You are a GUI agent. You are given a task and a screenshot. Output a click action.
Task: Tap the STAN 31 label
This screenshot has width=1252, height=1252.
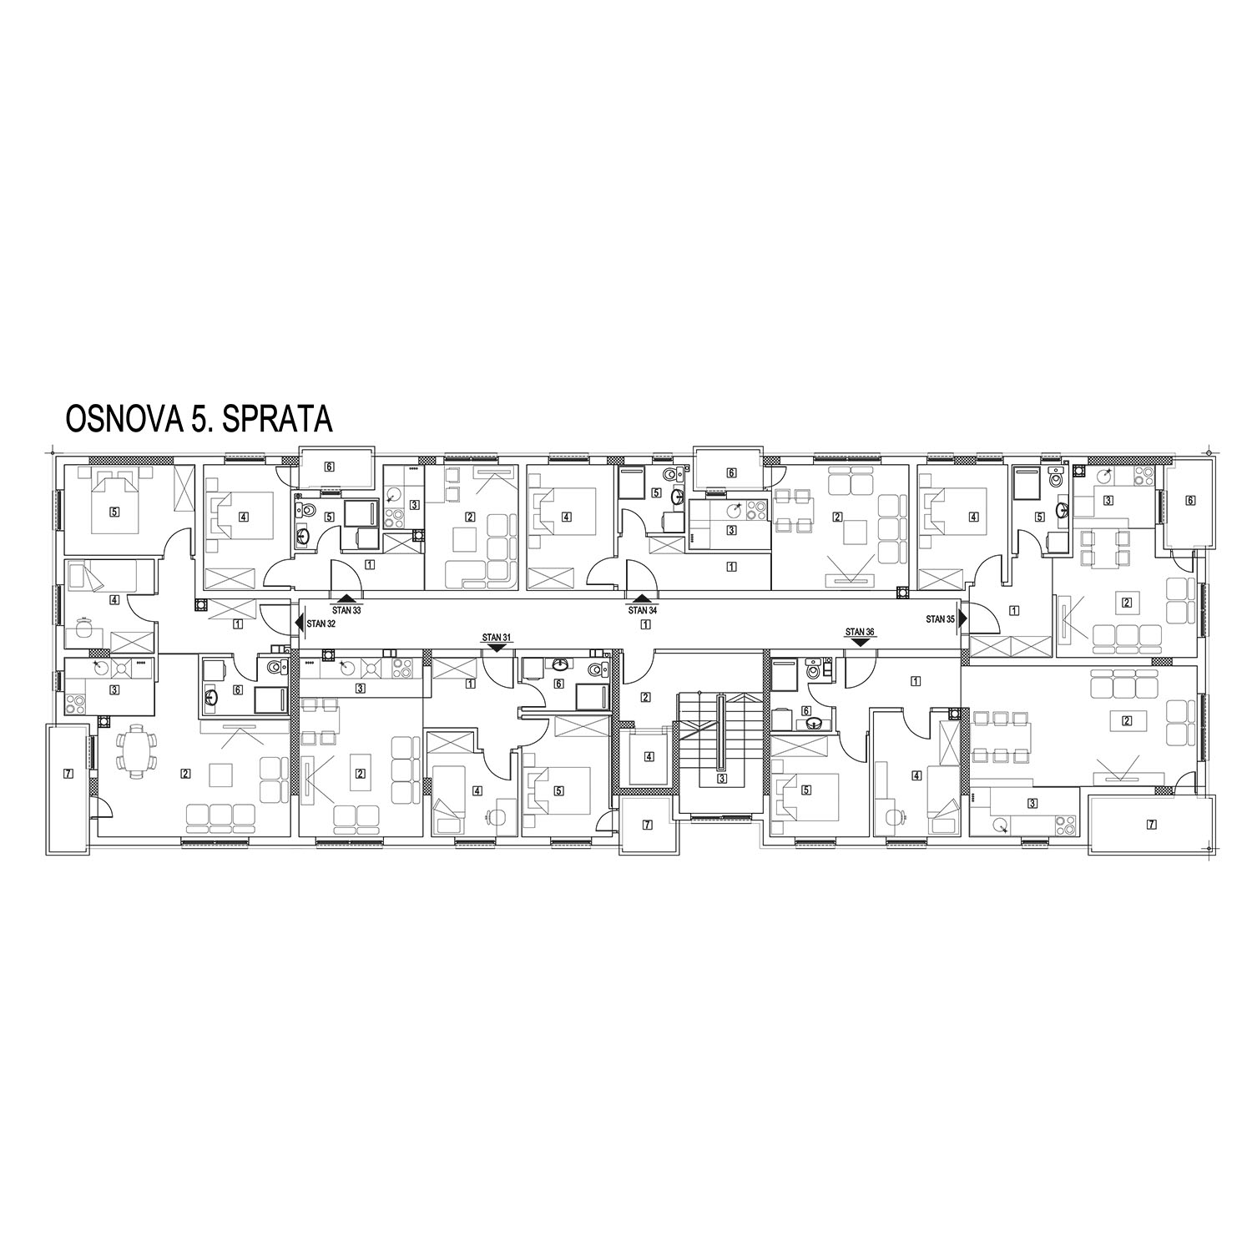coord(496,637)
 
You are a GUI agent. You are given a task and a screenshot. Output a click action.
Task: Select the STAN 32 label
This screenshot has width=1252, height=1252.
coord(321,623)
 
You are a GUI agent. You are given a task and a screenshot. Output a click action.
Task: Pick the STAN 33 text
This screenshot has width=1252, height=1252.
coord(346,611)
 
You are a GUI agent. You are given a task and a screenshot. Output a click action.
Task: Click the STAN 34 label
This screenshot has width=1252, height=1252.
coord(642,610)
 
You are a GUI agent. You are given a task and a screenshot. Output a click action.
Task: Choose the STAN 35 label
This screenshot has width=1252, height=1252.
coord(940,619)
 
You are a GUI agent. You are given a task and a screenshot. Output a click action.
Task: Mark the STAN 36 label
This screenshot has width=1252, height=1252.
coord(860,632)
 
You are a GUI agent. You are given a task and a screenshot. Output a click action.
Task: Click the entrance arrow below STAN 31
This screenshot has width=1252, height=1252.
coord(496,645)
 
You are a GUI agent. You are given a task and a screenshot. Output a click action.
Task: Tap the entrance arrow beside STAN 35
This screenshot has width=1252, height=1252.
coord(962,619)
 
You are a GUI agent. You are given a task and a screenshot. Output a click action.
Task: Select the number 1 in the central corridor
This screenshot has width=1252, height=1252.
coord(645,624)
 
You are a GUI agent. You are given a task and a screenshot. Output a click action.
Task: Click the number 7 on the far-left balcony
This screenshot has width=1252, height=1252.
coord(68,774)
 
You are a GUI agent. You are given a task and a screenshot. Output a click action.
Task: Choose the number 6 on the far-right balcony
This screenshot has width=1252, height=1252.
coord(1190,501)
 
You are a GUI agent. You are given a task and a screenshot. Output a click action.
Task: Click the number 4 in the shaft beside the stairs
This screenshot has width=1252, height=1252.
coord(649,758)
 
